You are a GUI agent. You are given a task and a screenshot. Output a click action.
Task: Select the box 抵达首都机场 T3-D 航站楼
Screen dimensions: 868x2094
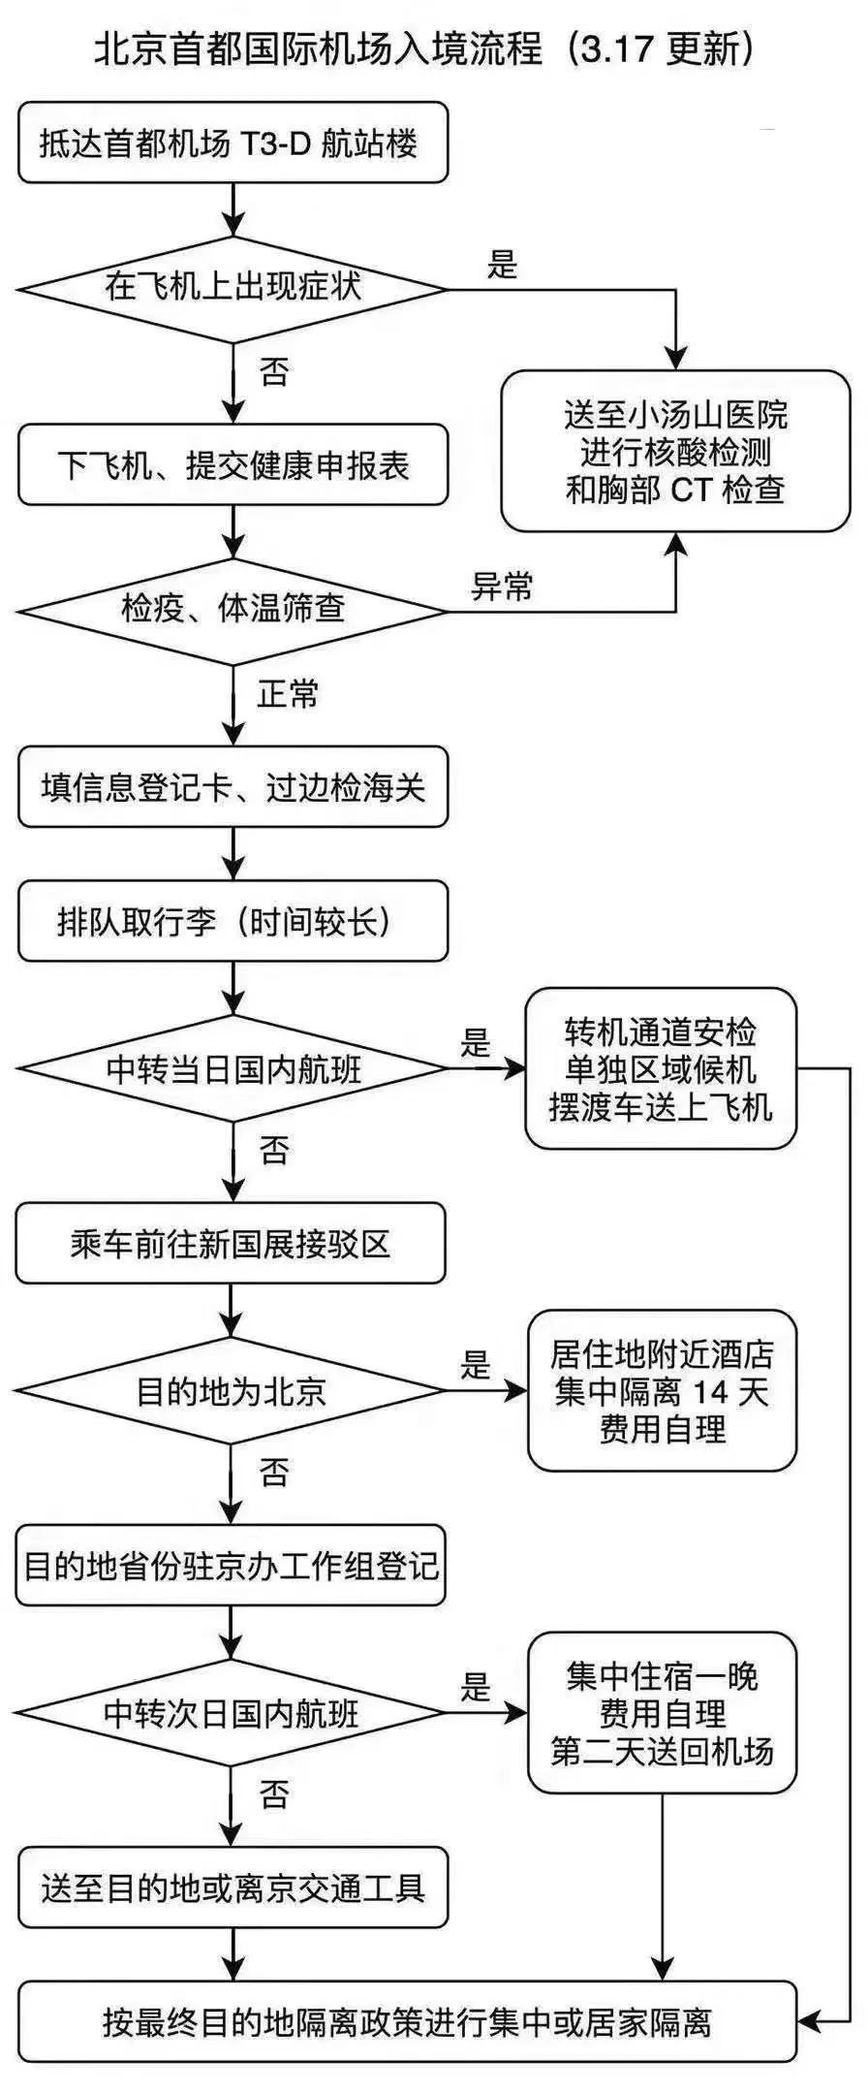[x=233, y=143]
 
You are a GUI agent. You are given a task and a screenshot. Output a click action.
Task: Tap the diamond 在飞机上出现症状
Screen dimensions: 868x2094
[x=233, y=288]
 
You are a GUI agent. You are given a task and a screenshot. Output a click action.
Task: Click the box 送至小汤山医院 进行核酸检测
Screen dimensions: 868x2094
[x=675, y=451]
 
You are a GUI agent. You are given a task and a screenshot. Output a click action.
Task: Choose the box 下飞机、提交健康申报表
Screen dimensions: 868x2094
[x=233, y=464]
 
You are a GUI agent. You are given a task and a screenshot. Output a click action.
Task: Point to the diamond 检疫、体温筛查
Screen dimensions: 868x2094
[x=233, y=611]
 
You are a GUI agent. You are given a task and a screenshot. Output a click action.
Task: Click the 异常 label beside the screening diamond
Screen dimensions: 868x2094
[x=501, y=587]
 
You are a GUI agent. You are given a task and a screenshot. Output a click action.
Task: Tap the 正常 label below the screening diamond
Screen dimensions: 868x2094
[x=288, y=694]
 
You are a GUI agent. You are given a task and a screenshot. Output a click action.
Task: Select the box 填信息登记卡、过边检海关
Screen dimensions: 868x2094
[x=233, y=786]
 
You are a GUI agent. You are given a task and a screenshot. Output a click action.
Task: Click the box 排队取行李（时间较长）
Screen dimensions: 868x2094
[x=233, y=921]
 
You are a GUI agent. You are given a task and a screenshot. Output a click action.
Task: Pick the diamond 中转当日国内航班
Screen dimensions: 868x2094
[x=233, y=1068]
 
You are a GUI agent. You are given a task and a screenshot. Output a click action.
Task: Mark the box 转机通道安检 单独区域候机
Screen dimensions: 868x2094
[x=662, y=1068]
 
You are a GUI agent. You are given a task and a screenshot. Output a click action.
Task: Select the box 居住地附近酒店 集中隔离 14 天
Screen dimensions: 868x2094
[x=663, y=1391]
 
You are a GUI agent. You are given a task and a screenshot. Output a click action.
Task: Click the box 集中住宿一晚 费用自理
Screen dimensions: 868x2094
[x=663, y=1713]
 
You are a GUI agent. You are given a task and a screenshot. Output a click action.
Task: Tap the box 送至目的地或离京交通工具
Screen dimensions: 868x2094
[x=233, y=1888]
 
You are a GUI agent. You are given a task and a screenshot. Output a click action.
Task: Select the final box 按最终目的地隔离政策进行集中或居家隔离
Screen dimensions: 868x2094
[x=408, y=2021]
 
